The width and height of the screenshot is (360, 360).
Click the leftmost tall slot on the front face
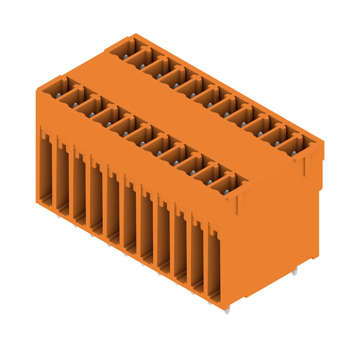click(x=45, y=169)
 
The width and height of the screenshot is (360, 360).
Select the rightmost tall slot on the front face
click(x=214, y=265)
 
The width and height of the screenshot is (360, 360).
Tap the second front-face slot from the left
click(x=62, y=178)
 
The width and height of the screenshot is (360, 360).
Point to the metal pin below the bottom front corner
click(x=227, y=310)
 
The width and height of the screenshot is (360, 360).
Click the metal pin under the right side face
click(x=294, y=271)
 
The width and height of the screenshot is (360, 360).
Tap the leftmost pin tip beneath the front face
click(x=58, y=216)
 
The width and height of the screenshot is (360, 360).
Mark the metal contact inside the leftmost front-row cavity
click(x=58, y=95)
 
